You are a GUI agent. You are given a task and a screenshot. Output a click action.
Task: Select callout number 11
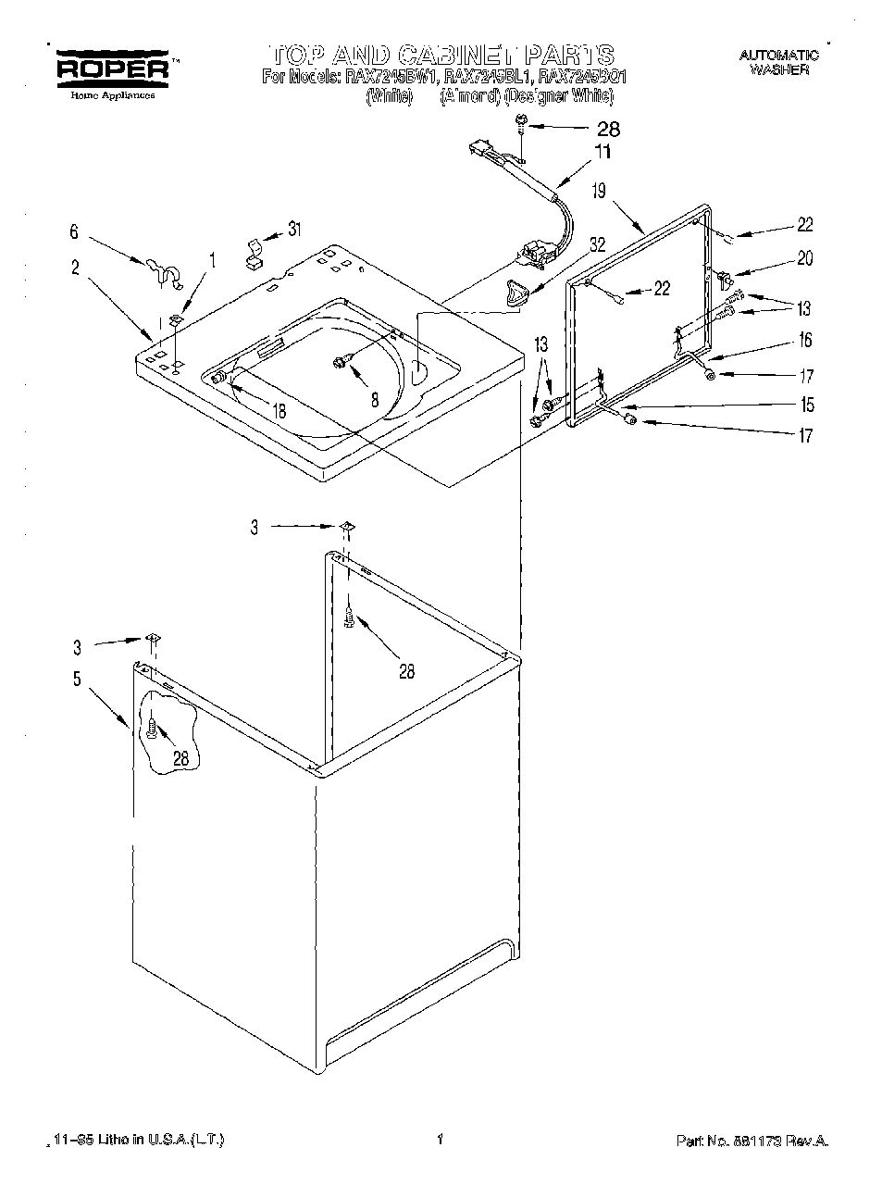pyautogui.click(x=602, y=153)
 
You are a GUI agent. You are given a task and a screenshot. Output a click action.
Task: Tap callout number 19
pyautogui.click(x=599, y=191)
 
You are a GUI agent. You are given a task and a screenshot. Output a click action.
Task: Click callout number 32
pyautogui.click(x=597, y=244)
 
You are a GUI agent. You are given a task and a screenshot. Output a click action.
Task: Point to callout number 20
pyautogui.click(x=804, y=258)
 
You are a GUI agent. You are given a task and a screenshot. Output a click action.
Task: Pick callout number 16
pyautogui.click(x=805, y=340)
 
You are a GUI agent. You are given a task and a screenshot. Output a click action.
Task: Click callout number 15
pyautogui.click(x=807, y=405)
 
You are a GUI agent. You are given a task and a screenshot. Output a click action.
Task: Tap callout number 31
pyautogui.click(x=294, y=229)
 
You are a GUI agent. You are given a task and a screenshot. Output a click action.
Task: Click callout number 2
pyautogui.click(x=74, y=268)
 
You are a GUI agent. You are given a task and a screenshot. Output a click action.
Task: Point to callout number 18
pyautogui.click(x=279, y=411)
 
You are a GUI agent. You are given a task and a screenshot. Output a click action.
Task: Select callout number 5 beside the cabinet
pyautogui.click(x=76, y=679)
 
